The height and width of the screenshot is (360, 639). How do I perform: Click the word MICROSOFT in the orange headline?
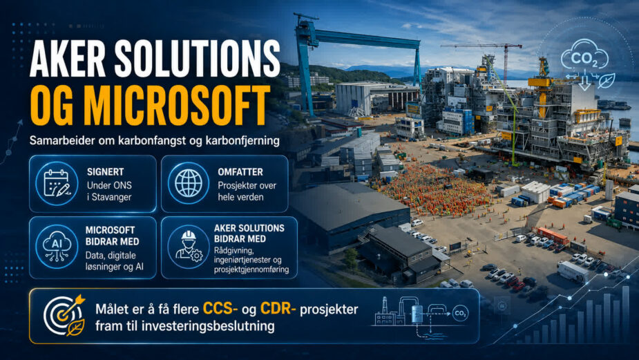pos(176,106)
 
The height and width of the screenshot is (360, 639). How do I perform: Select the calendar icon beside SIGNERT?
pos(57,183)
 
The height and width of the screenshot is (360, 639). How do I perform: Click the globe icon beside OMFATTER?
pos(189,183)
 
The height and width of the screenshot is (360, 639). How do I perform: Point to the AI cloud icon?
pos(57,247)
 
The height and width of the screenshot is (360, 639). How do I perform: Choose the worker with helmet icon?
pos(189,246)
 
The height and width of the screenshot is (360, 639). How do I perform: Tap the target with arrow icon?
pos(65,315)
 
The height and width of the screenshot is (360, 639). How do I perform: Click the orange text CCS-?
pos(220,309)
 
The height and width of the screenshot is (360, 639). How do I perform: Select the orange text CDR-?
pos(278,309)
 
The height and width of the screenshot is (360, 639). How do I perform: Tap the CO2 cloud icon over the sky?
pos(585,55)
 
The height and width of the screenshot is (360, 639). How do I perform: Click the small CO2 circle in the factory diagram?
pos(461,313)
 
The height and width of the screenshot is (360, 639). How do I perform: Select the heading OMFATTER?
pos(240,172)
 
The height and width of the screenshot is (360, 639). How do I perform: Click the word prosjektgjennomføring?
pos(251,269)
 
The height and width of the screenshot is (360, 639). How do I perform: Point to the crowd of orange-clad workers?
pos(436,189)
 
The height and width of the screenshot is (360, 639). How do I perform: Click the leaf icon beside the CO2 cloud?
pos(607,81)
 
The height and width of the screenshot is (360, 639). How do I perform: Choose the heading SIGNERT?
pos(105,172)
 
